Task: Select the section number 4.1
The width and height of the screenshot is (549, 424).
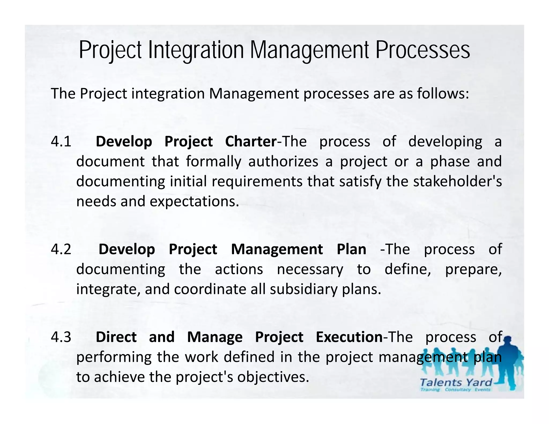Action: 61,142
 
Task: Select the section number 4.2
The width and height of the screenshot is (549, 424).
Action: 61,249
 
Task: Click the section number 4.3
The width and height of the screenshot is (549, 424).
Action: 61,337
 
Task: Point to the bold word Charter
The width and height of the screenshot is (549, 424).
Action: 251,142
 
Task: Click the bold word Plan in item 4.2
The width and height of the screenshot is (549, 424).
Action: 351,249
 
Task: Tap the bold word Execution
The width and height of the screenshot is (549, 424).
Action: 349,337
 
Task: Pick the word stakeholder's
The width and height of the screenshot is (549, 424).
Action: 457,181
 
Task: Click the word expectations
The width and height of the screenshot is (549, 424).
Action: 194,202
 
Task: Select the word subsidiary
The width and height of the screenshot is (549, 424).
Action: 303,289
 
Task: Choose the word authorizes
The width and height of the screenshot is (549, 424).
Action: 283,162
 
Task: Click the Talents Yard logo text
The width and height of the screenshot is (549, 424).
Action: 456,382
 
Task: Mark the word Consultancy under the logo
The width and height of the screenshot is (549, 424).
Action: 458,390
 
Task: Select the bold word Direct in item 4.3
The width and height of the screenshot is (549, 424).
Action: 116,337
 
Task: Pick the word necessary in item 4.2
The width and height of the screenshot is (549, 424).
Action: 310,269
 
